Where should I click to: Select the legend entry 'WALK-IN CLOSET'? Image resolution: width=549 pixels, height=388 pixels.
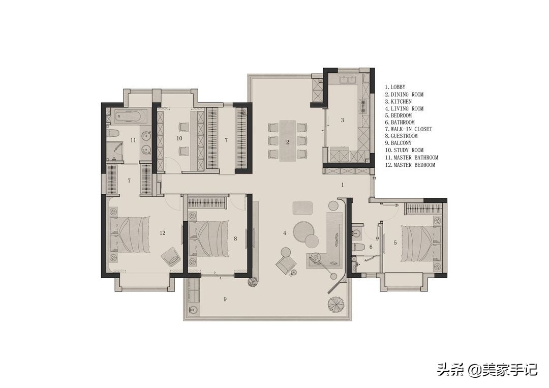tap(411, 129)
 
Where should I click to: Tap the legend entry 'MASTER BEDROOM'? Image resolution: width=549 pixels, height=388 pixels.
tap(415, 165)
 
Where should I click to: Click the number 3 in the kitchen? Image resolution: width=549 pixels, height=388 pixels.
tap(343, 120)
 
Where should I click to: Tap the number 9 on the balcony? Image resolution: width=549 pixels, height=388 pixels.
tap(225, 299)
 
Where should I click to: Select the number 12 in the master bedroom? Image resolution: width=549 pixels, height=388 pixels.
tap(162, 233)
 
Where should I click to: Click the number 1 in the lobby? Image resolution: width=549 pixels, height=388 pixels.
tap(343, 185)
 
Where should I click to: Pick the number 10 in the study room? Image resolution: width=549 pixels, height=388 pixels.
tap(179, 138)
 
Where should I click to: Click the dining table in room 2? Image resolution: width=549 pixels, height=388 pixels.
tap(287, 141)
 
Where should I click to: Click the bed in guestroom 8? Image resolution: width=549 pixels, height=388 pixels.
tap(209, 239)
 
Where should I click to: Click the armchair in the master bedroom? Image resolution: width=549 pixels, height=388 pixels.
tap(170, 257)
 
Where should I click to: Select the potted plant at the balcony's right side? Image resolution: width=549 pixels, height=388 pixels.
tap(337, 305)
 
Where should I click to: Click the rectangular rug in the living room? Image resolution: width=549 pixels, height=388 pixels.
tap(302, 207)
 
